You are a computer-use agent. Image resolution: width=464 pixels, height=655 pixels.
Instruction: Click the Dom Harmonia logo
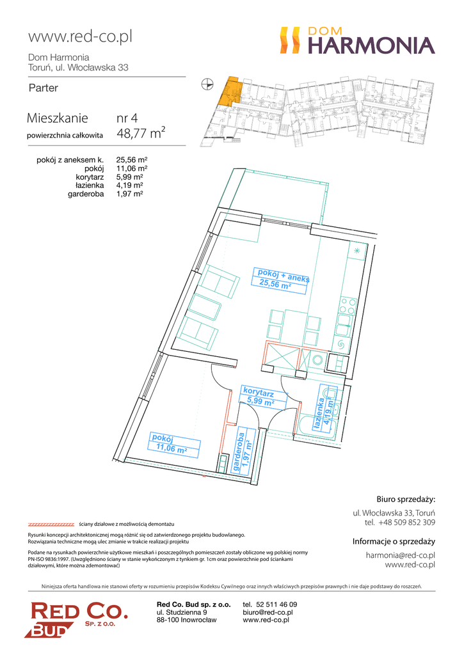click(x=357, y=40)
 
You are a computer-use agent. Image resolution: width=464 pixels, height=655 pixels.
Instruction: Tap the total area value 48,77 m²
click(x=141, y=133)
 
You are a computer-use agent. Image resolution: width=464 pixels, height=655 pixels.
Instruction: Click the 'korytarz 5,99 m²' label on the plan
click(x=262, y=397)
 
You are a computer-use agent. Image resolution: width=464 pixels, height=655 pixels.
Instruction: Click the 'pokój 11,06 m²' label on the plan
click(x=173, y=444)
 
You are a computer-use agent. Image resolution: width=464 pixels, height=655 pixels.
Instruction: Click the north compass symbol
click(x=207, y=85)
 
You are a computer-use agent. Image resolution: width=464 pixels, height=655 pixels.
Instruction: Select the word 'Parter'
click(x=44, y=88)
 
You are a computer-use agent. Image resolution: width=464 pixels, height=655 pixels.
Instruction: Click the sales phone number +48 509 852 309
click(x=407, y=522)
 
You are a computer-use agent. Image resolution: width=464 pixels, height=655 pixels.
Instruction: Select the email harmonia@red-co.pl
click(x=401, y=555)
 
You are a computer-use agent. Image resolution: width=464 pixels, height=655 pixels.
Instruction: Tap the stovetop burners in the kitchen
click(x=348, y=305)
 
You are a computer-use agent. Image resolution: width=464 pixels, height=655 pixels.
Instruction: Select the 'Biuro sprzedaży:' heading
click(x=406, y=499)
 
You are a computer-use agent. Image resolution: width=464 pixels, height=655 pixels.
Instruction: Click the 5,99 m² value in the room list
click(x=129, y=177)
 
